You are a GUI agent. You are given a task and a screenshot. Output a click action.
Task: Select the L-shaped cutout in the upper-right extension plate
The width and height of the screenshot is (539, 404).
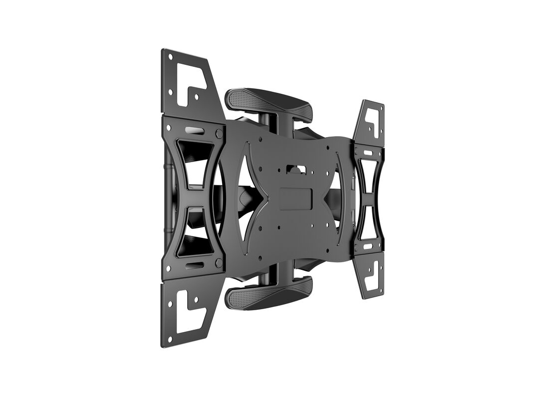click(371, 120)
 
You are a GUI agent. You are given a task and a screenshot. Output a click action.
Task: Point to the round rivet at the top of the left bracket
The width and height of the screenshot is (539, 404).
click(219, 133)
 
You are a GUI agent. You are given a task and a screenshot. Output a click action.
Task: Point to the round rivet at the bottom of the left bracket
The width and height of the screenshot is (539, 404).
click(218, 263)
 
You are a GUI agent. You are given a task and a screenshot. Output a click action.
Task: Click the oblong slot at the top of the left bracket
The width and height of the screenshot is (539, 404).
click(194, 130)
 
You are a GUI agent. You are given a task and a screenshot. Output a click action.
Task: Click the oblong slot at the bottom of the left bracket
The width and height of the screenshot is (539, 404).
click(194, 265)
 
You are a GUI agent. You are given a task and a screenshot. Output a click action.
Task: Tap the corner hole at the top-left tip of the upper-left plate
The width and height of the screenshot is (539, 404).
click(170, 57)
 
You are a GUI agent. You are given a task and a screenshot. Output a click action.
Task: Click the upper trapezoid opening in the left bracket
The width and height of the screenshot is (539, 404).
click(195, 162)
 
